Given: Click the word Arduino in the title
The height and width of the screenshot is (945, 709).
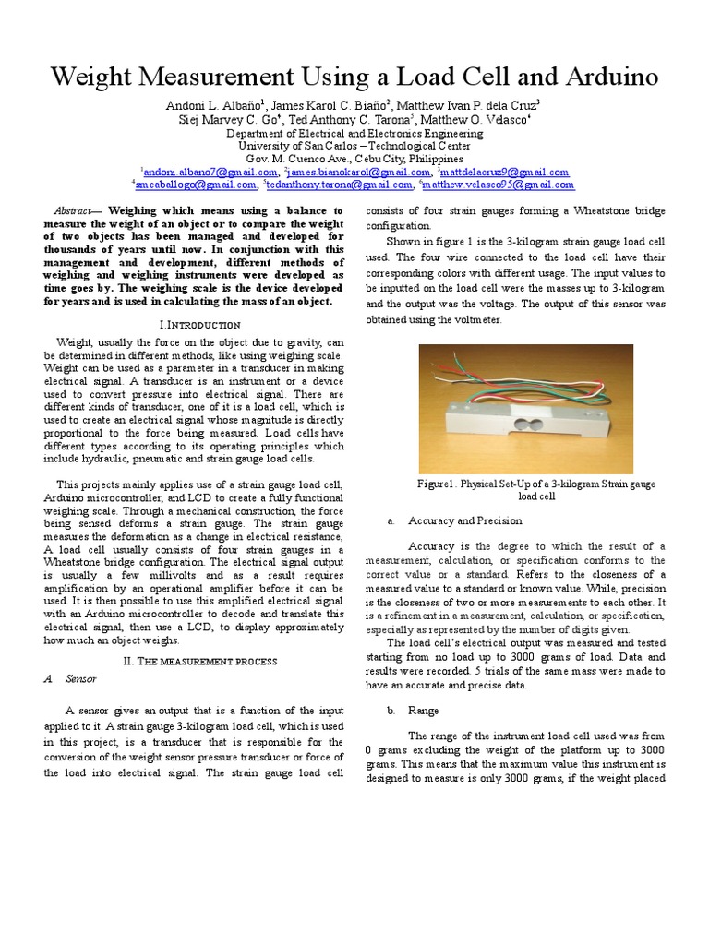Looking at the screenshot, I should coord(605,77).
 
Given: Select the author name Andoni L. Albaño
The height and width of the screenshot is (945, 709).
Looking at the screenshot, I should coord(213,106).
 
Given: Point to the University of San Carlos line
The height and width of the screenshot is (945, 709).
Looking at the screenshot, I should coord(354,146).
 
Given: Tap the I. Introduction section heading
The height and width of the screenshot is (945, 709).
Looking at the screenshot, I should coord(199,325).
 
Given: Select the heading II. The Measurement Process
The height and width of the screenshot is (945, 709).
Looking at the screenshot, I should coord(200,661).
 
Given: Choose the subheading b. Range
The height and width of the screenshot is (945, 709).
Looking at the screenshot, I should coord(424,711).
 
